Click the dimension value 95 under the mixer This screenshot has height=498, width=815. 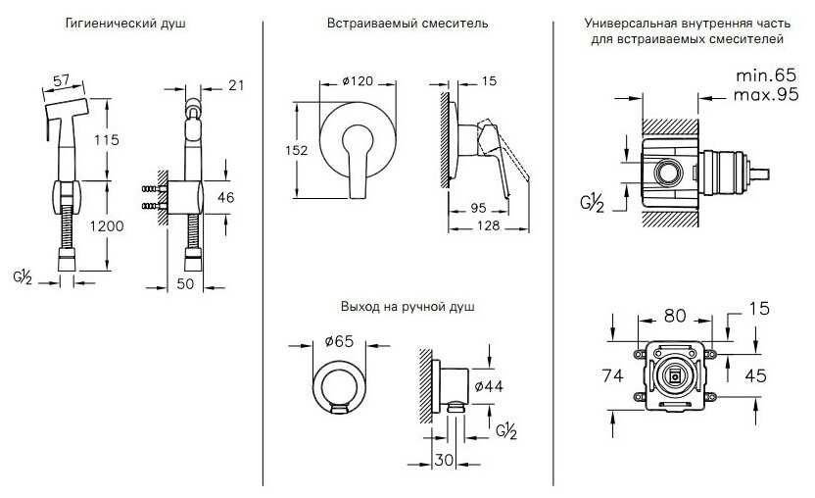click(480, 208)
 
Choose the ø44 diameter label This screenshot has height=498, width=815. click(487, 386)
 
